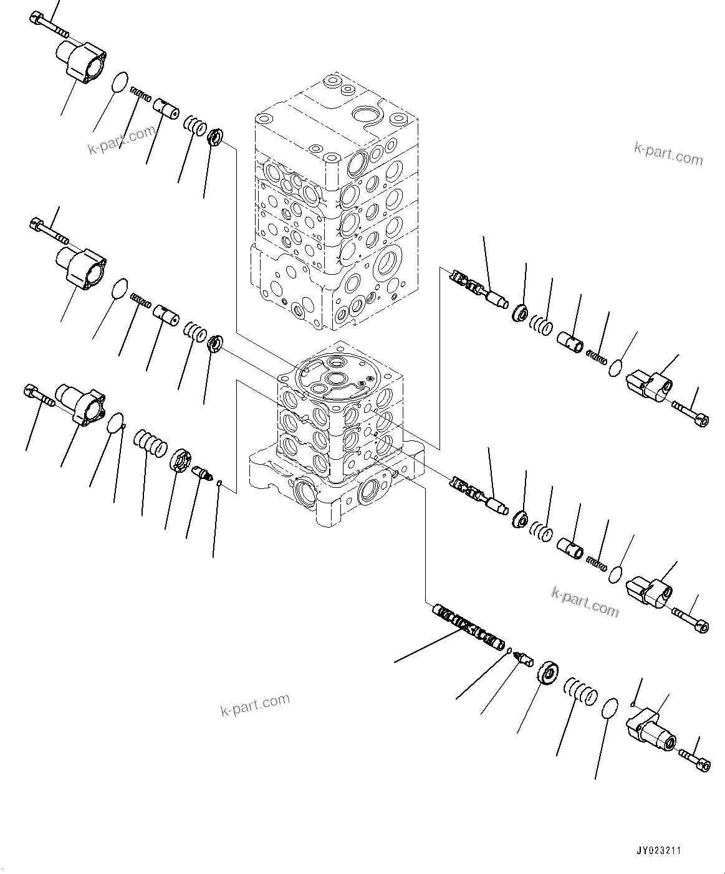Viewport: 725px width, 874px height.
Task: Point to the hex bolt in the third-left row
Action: [x=39, y=396]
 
